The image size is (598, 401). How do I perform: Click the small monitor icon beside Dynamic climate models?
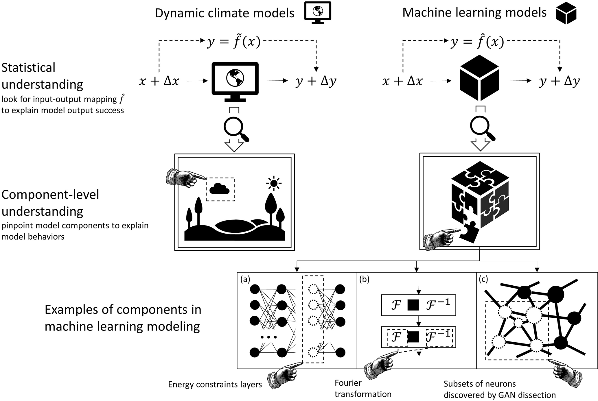[317, 14]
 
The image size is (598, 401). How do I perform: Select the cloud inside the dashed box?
[219, 189]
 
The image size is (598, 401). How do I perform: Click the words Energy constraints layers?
[215, 385]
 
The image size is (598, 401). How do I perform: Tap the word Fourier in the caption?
[348, 383]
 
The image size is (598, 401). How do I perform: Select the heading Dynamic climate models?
[225, 13]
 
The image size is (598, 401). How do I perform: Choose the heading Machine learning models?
[474, 13]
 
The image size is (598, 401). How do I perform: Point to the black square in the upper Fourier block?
[413, 305]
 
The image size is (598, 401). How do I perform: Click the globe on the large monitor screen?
[235, 77]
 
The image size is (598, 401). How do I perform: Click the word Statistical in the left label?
[28, 68]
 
